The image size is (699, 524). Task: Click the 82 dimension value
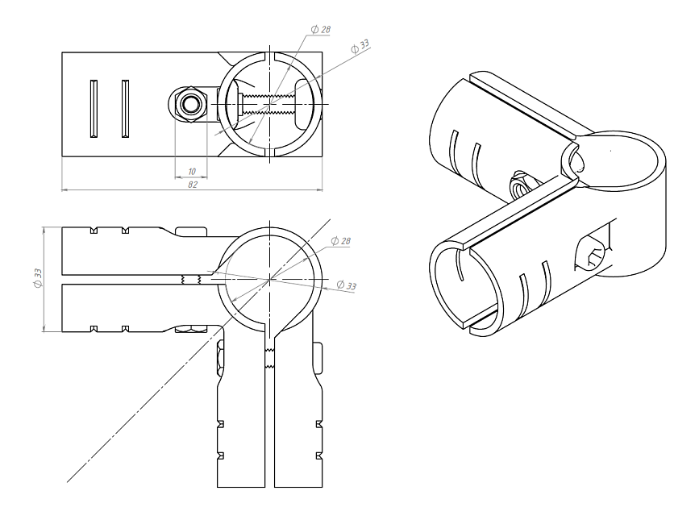pos(192,185)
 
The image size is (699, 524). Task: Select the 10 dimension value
pos(192,172)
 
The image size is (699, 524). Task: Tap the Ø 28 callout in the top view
pos(321,29)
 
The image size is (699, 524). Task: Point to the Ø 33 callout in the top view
pos(360,46)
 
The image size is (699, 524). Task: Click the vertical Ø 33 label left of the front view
pos(38,278)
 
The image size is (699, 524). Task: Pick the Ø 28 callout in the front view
pos(340,241)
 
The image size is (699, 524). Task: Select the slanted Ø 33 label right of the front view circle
pos(347,285)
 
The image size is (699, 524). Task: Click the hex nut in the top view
pos(191,104)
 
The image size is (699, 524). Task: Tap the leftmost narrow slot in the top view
pos(94,109)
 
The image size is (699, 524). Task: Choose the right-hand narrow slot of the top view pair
pos(125,109)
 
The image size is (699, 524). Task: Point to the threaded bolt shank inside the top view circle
pos(268,104)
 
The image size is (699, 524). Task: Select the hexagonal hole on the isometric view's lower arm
pos(591,252)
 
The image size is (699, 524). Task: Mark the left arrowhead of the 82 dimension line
pos(64,190)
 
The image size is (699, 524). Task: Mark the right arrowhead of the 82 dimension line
pos(319,190)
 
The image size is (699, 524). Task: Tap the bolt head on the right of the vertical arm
pos(318,358)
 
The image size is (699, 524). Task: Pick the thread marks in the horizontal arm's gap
pos(191,280)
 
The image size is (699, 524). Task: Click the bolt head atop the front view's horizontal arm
pos(191,231)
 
